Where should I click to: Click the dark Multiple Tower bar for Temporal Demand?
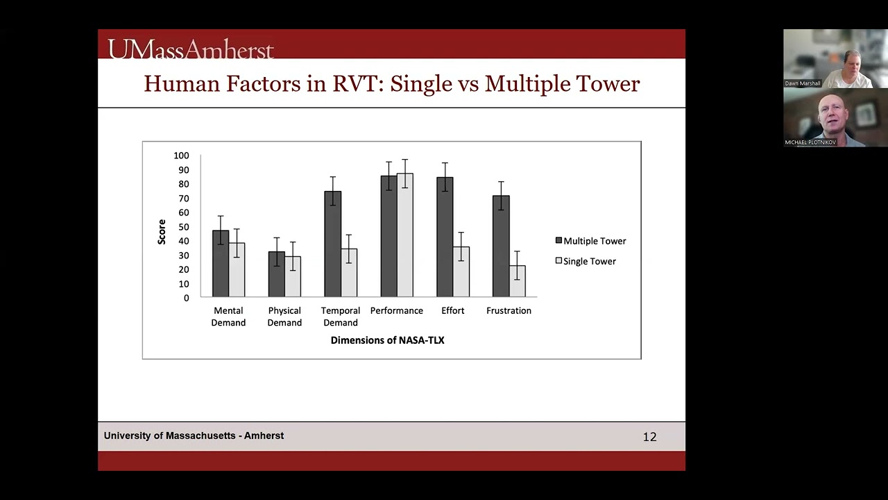pos(332,244)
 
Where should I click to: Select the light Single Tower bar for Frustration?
pos(517,281)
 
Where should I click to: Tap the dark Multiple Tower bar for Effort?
pos(445,237)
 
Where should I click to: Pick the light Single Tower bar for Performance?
pos(404,235)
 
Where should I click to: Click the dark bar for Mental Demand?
pos(221,264)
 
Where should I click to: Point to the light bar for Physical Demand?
pos(293,276)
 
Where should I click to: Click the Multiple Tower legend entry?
pos(590,241)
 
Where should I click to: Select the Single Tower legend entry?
pos(586,261)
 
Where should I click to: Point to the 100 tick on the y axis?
pos(181,156)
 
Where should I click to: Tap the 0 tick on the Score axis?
pos(186,298)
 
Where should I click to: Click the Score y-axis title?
pos(162,232)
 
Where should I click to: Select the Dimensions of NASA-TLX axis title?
pos(387,340)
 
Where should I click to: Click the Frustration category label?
pos(509,310)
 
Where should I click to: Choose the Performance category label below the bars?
pos(396,310)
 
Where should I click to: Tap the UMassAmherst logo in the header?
pos(191,49)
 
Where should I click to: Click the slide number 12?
pos(649,437)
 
